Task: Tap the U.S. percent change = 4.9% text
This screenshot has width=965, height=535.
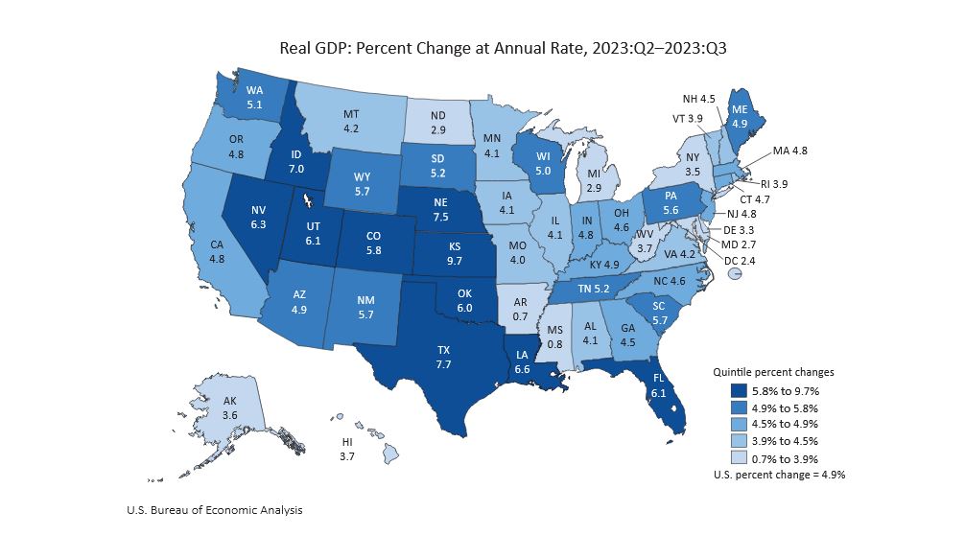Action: coord(779,475)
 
